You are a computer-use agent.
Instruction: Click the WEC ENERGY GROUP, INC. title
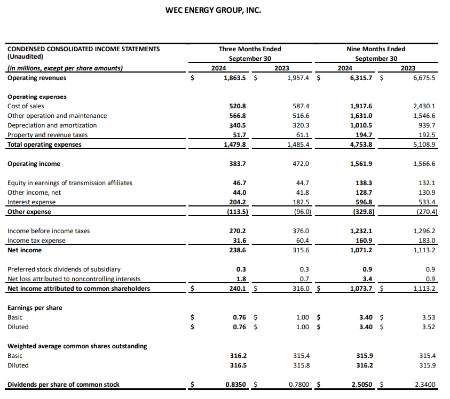(x=214, y=10)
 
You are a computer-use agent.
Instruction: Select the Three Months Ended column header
(x=250, y=49)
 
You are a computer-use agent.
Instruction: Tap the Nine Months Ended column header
(x=376, y=49)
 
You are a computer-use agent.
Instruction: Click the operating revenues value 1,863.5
(x=235, y=78)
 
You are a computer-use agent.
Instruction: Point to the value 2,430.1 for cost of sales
(x=424, y=106)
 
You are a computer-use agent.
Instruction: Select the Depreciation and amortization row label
(x=52, y=125)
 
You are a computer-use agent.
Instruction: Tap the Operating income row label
(x=34, y=164)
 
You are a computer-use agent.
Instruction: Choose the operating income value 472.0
(x=302, y=164)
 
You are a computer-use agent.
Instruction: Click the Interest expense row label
(x=31, y=202)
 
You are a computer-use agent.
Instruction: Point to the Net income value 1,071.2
(x=361, y=250)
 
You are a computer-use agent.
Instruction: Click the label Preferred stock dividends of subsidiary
(x=64, y=269)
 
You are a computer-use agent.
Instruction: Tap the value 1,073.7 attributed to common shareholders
(x=361, y=289)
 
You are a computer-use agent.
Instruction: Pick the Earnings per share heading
(x=35, y=308)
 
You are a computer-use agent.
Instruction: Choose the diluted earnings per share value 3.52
(x=428, y=327)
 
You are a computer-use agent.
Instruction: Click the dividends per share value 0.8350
(x=235, y=385)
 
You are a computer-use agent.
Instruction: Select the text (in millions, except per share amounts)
(x=65, y=68)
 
